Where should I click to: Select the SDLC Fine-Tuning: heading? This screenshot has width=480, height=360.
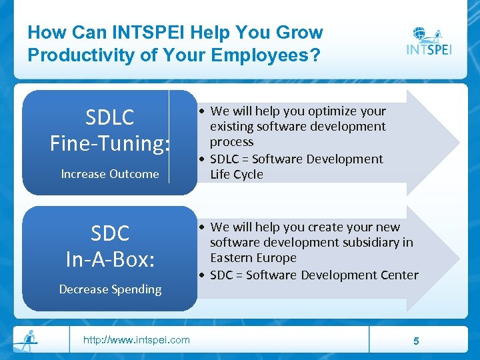(110, 130)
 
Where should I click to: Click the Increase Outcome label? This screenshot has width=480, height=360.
(110, 174)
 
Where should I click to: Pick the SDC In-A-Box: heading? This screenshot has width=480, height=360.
(110, 246)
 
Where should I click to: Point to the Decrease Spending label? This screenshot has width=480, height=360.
(110, 289)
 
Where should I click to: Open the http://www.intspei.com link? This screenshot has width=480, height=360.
(136, 340)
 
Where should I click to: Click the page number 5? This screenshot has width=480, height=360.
(416, 341)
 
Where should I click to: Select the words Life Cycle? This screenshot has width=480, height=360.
(237, 175)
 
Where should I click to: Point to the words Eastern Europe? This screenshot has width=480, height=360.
(253, 258)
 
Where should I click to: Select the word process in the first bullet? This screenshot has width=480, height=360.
(232, 142)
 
